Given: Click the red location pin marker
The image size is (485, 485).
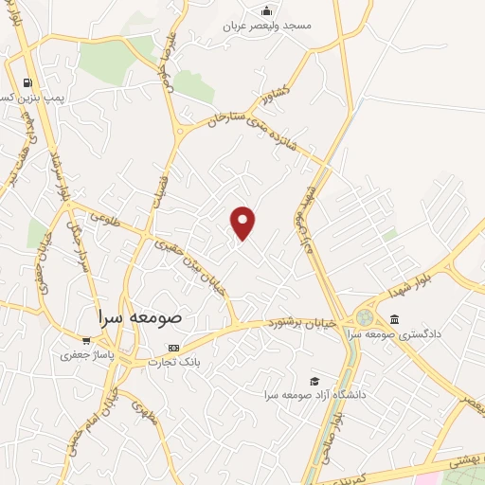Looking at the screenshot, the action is coord(243,222).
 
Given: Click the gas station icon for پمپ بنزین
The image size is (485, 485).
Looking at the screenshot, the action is coord(26,82).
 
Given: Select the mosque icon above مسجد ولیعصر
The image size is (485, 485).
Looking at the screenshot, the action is coord(267,11).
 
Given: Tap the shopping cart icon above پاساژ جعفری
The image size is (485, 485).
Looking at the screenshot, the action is coord(86,341).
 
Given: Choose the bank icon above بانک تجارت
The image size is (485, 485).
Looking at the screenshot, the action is coord(172,347).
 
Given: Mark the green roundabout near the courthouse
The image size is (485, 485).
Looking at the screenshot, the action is coord(365,318).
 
